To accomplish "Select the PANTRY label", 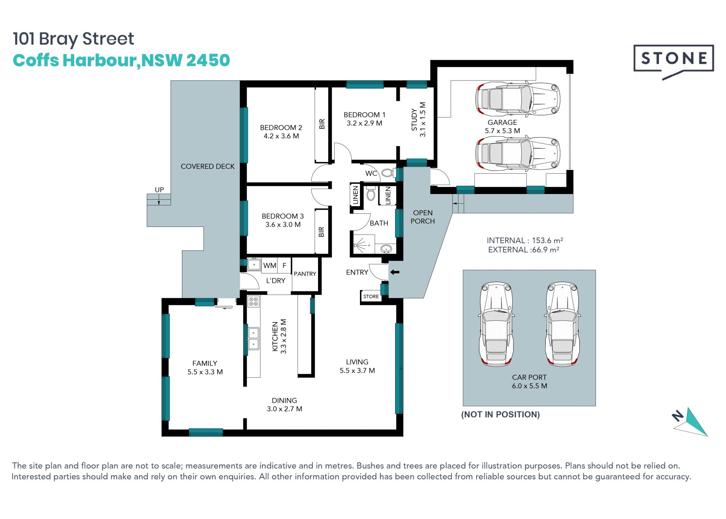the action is [305, 274].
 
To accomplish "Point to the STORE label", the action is [371, 297].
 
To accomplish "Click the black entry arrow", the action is [395, 272].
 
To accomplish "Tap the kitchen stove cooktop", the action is [253, 301].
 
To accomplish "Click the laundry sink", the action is [254, 265].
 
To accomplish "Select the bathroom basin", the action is [386, 249].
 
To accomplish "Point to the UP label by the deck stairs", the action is [159, 190].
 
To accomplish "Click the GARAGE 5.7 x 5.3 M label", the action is [502, 127].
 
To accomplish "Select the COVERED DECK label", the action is [208, 166].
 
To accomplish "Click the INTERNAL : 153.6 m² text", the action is [525, 241].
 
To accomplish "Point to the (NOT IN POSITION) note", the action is [501, 415].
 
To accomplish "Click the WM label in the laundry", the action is [270, 266].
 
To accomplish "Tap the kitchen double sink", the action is [253, 339].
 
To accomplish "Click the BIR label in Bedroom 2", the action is [322, 124].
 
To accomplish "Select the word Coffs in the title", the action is [36, 60].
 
